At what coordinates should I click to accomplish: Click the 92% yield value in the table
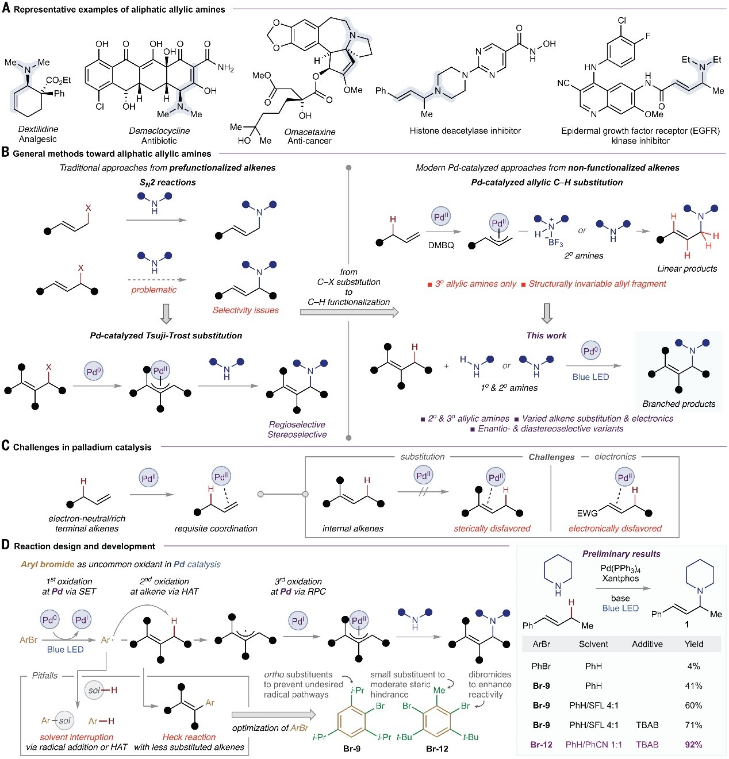point(693,744)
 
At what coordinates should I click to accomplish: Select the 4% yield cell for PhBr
point(693,666)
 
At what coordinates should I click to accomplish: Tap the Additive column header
point(647,644)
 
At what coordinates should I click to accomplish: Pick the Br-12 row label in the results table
point(541,744)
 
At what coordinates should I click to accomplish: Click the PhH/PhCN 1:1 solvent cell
point(593,744)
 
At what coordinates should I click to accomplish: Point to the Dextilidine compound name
point(38,129)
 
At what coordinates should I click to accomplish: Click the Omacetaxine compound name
point(309,132)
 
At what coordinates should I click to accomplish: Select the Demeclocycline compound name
point(159,130)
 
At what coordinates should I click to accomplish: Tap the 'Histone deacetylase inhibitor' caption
point(465,130)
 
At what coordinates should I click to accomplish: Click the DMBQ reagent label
point(440,245)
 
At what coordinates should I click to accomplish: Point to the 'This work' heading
point(546,336)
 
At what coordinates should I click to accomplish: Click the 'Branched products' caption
point(678,403)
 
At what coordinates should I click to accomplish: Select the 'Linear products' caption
point(687,268)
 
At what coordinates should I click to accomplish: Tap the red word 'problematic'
point(154,290)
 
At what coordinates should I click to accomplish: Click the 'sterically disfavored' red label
point(492,529)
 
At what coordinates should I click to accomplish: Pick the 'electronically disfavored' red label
point(615,529)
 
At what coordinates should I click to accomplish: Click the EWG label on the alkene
point(587,513)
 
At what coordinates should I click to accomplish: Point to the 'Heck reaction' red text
point(189,737)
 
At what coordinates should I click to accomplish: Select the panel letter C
point(5,446)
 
